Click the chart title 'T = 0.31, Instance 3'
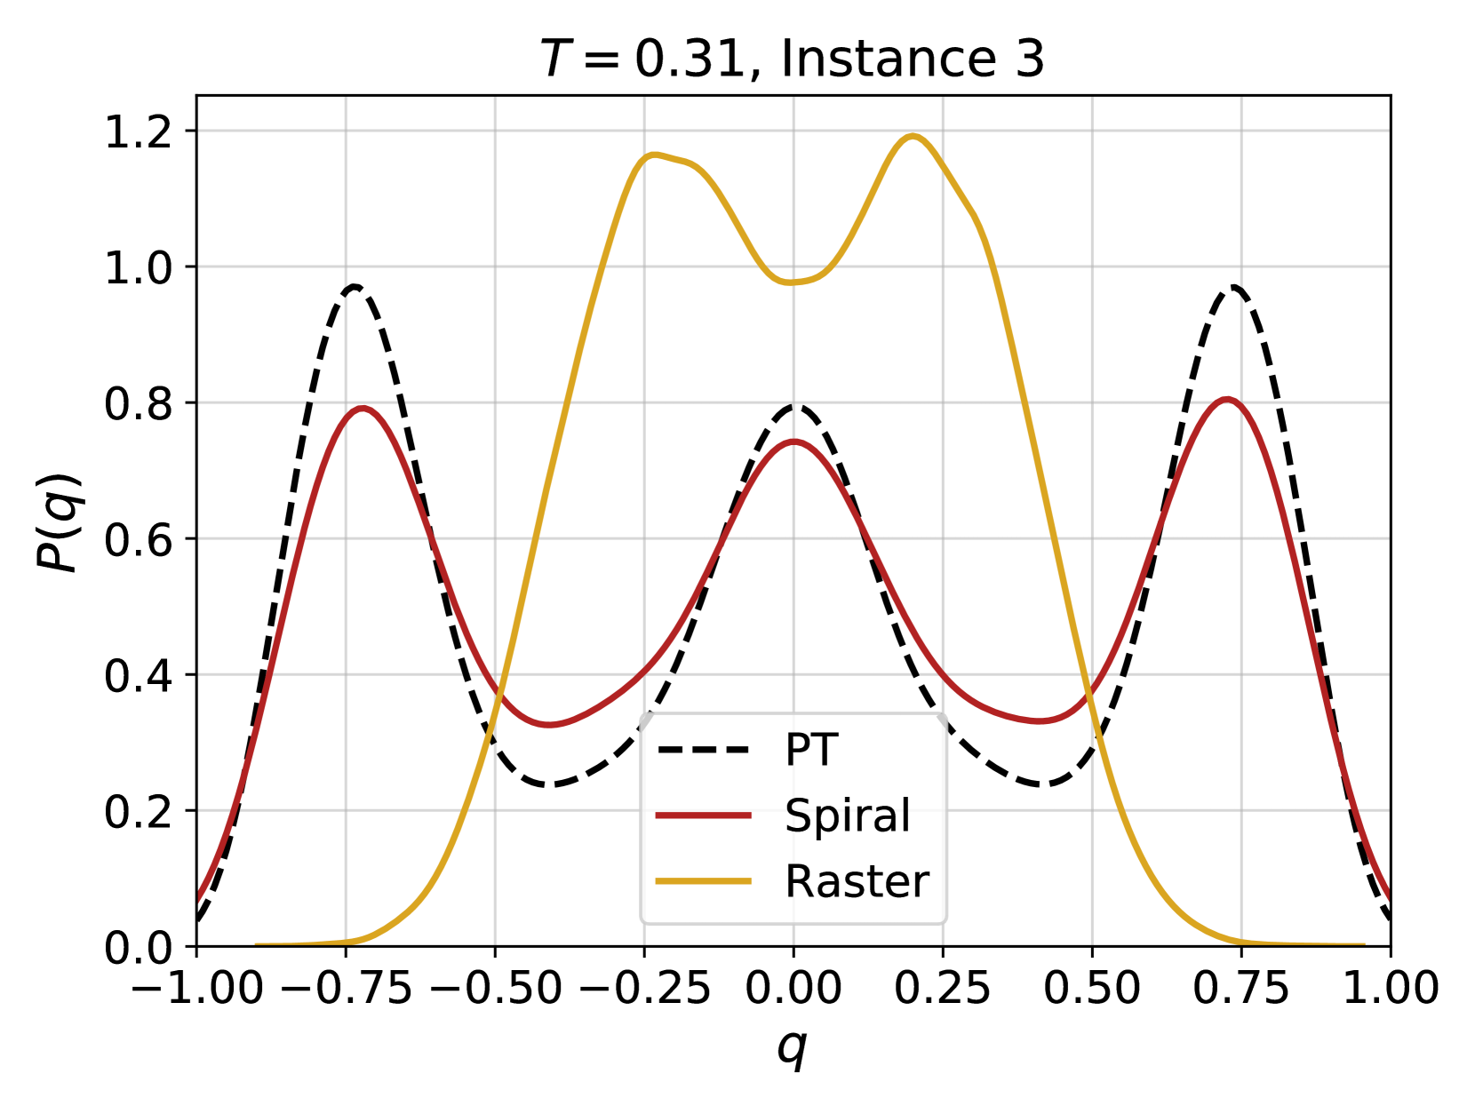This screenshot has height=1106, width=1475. coord(792,60)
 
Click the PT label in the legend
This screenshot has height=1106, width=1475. coord(811,750)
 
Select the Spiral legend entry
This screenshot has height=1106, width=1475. coord(847,816)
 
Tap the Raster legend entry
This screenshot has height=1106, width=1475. coord(857,881)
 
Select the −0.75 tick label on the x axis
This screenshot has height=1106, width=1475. coord(347,988)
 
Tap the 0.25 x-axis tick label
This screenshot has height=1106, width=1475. coord(943,988)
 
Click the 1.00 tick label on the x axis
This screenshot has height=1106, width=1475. coord(1390,988)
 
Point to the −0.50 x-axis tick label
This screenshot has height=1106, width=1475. coord(495,988)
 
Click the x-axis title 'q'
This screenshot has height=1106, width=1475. coord(793,1047)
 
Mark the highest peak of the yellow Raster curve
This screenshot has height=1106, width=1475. coord(913,136)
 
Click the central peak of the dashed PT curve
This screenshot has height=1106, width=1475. coord(796,406)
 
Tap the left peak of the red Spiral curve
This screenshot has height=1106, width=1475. coord(363,408)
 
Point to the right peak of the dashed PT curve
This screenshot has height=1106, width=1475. coord(1234,286)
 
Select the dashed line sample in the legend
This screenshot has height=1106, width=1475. coord(703,750)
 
